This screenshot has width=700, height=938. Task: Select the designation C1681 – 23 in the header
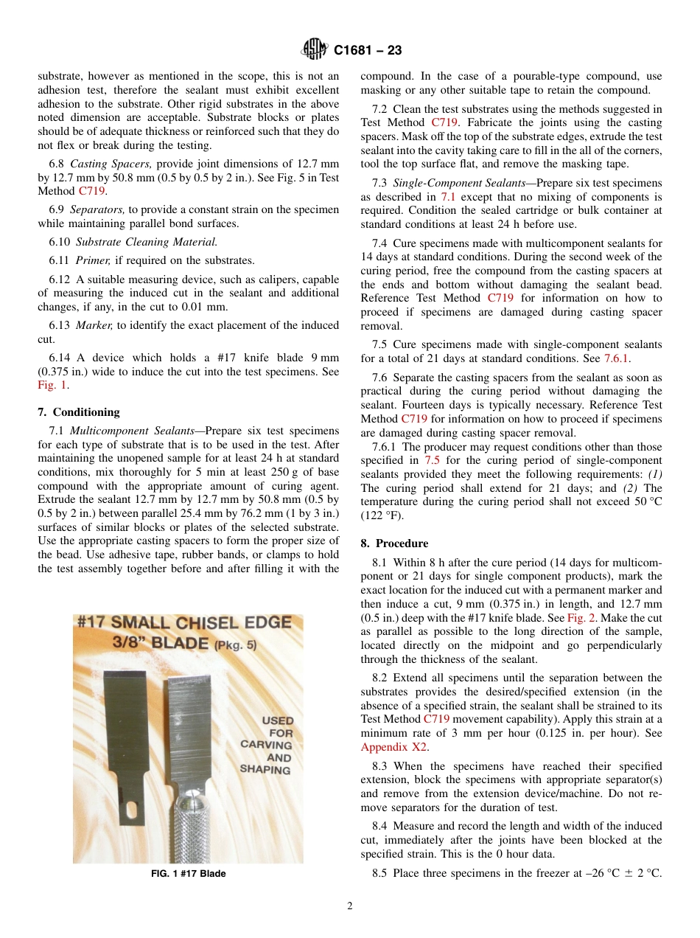(368, 51)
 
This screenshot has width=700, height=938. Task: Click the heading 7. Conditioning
(79, 412)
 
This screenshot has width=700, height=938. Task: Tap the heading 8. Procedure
(394, 543)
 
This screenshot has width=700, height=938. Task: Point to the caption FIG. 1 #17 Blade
(188, 874)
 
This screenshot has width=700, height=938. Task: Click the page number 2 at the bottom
(350, 906)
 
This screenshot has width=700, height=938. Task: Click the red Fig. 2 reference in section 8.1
(581, 617)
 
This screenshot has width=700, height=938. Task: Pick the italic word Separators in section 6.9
(97, 209)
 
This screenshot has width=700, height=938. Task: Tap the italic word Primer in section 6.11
(93, 260)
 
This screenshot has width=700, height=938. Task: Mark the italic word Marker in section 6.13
(95, 325)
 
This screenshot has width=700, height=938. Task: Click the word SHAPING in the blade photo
(266, 769)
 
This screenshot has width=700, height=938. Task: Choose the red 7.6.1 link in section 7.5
(617, 358)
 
